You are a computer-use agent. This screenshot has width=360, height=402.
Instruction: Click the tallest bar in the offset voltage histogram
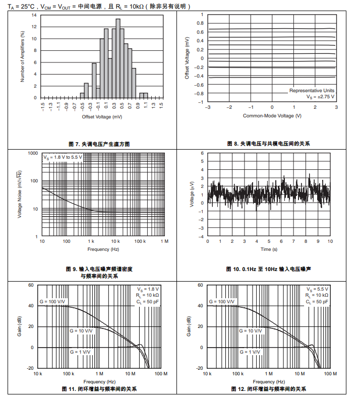coord(117,58)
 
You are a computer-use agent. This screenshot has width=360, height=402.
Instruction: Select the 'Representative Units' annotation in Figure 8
coord(312,91)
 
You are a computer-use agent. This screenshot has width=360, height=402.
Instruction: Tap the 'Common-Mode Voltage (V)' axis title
coord(272,116)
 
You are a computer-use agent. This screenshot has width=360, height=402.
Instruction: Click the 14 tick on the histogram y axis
coord(34,15)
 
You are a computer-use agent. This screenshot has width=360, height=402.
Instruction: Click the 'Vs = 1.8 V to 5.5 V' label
coord(63,157)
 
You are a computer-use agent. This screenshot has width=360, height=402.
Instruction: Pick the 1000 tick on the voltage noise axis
coord(33,153)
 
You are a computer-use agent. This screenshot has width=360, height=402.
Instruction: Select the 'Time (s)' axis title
coord(269,249)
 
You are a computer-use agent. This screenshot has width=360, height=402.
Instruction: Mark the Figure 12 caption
coord(269,389)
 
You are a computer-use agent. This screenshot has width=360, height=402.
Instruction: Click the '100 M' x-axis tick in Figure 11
coord(161,374)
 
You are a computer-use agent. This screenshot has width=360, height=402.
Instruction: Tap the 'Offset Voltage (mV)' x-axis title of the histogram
coord(102,116)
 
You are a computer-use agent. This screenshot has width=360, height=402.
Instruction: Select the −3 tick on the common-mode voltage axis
coord(207,107)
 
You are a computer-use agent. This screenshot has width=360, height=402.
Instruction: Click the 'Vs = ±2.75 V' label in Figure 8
coord(321,96)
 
